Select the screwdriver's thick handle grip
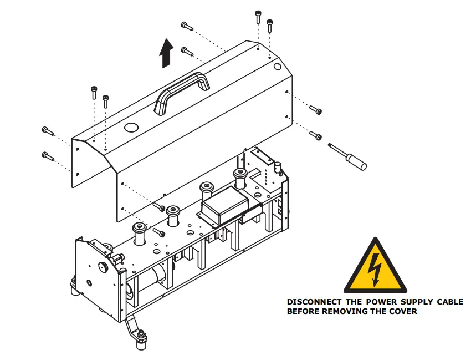(x=355, y=161)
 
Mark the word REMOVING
(x=342, y=311)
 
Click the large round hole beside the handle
(x=132, y=128)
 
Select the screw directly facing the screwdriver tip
(x=315, y=135)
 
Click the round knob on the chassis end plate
(x=102, y=267)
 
